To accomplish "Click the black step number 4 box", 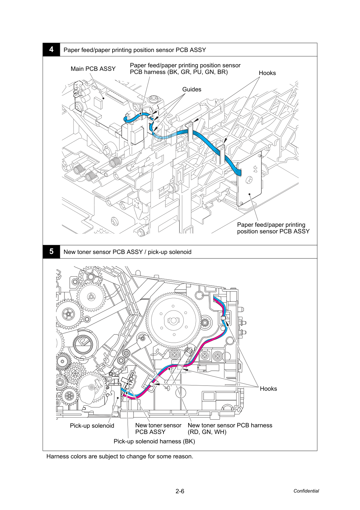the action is (51, 50).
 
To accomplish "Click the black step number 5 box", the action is (51, 252).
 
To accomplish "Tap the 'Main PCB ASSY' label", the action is (93, 69).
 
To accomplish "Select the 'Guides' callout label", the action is (192, 89).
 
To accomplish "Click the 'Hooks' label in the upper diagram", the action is (267, 73).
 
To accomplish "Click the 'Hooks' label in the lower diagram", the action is (268, 389).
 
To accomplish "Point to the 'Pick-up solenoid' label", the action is (92, 426).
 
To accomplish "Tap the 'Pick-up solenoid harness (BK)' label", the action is (154, 442).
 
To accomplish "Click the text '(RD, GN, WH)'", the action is (207, 432).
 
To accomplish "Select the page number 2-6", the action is (180, 491).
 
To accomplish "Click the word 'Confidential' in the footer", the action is (306, 491).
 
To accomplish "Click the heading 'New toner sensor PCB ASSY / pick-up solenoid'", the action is (127, 252).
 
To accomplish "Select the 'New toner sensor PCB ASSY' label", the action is (158, 428).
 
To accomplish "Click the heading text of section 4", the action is (135, 50).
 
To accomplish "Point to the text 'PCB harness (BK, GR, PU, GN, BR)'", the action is (179, 72).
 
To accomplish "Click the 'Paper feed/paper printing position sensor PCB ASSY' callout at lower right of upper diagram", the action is (273, 228).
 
